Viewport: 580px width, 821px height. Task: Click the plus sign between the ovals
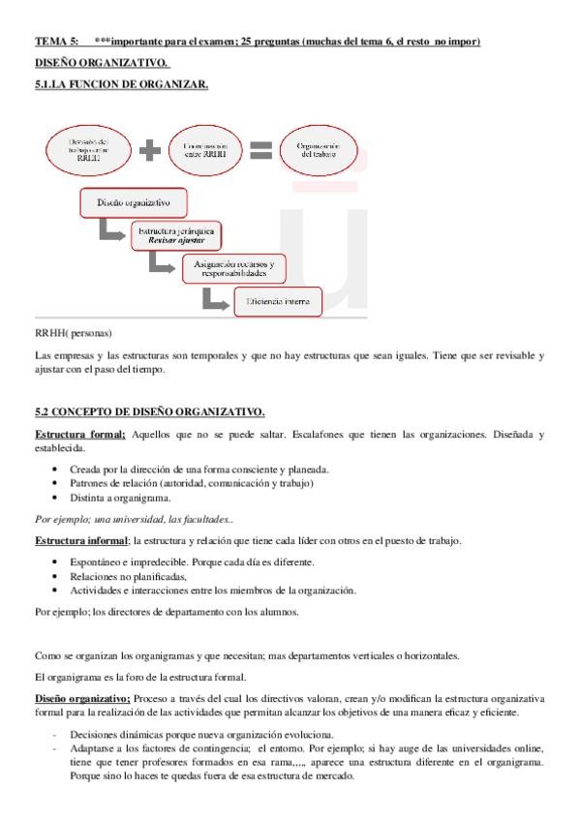point(149,151)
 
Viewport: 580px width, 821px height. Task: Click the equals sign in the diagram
point(259,150)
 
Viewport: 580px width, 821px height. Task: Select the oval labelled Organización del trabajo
point(318,150)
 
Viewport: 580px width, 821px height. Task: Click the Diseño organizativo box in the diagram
point(134,202)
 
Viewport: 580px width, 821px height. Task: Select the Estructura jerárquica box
point(176,234)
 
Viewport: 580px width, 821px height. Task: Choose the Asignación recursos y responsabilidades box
point(233,268)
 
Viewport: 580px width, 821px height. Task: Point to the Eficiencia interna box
point(277,301)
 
